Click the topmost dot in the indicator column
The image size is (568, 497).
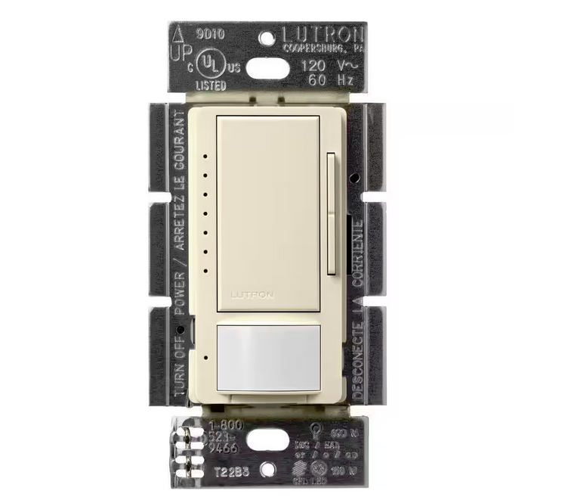205,158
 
